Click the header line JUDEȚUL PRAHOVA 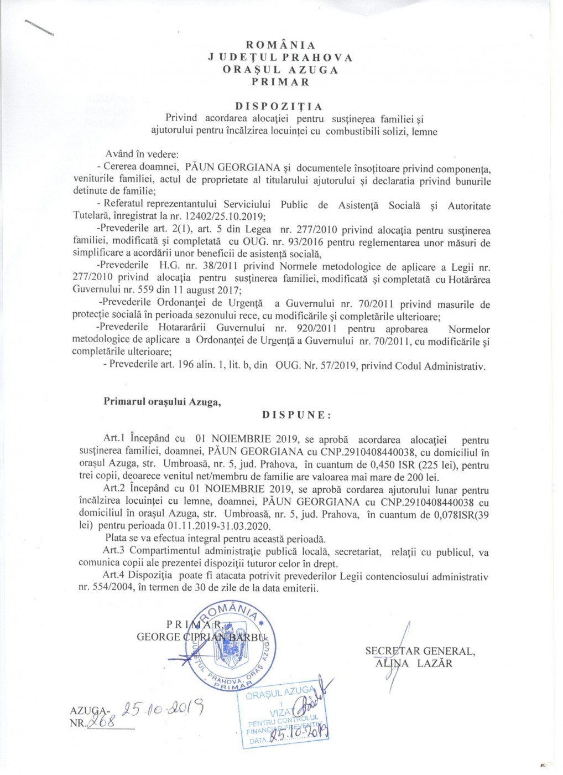(280, 57)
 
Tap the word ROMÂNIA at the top (280, 45)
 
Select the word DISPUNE (297, 415)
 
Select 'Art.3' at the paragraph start (114, 552)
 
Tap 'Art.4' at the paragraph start (114, 576)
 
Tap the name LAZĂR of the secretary (435, 663)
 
